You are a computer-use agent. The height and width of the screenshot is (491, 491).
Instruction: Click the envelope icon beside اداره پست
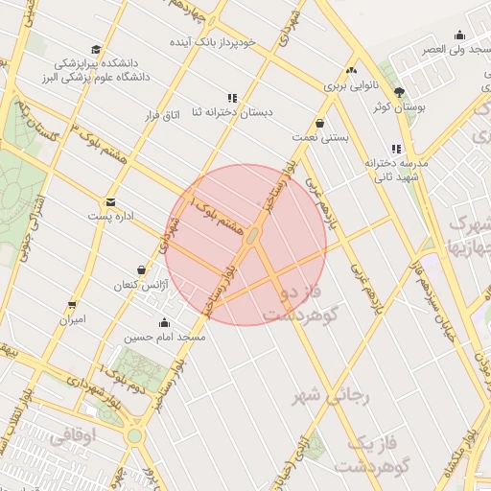(x=110, y=202)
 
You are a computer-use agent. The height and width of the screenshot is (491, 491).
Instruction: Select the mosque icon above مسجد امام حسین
(x=164, y=322)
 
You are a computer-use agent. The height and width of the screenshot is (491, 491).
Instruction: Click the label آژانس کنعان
(x=141, y=286)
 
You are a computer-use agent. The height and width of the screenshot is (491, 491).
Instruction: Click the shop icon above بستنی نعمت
(x=320, y=123)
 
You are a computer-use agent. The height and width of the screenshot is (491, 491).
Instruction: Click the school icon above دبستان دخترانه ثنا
(x=232, y=97)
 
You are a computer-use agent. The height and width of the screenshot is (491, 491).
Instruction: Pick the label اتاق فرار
(x=161, y=115)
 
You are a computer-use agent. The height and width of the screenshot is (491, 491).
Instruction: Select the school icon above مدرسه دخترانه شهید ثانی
(x=396, y=149)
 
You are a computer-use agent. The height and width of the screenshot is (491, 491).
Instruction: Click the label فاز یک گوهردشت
(x=364, y=454)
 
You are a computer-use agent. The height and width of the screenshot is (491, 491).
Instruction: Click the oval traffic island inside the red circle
(x=250, y=235)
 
